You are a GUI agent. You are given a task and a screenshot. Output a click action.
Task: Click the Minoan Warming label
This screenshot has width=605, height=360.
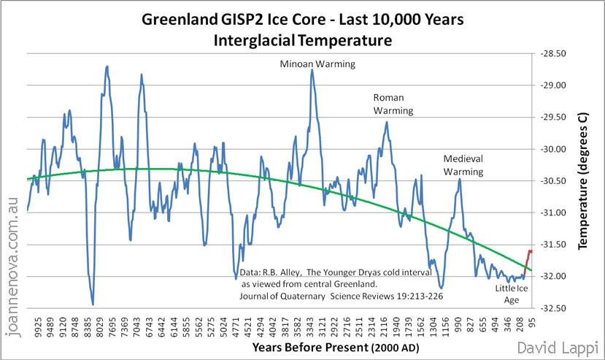pos(317,64)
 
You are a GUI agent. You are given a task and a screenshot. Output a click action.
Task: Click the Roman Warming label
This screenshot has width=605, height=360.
pos(393,104)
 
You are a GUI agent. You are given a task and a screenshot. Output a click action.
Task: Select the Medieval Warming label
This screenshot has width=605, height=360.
pos(463,165)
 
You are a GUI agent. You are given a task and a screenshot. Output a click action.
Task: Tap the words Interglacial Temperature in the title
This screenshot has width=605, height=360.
pos(302,40)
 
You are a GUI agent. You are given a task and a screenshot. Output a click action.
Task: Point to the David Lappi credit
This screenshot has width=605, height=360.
pos(558,348)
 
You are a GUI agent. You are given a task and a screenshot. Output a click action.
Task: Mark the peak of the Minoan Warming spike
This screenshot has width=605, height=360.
pos(312,70)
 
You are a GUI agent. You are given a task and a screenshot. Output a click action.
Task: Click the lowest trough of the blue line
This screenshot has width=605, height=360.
pos(93,304)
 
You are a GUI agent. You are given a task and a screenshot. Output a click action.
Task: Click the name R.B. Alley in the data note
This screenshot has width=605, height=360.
pos(281,269)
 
